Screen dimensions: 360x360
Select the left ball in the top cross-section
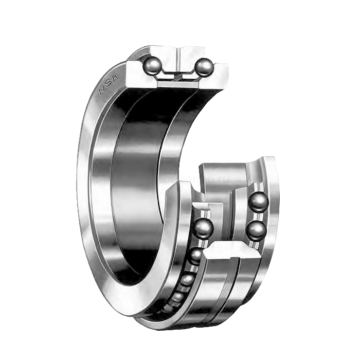(x=152, y=65)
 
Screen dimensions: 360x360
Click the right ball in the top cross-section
(x=204, y=67)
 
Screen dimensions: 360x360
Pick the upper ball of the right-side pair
(x=258, y=202)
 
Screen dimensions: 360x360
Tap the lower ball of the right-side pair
(x=257, y=230)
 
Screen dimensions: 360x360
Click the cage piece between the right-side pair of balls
(x=257, y=216)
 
